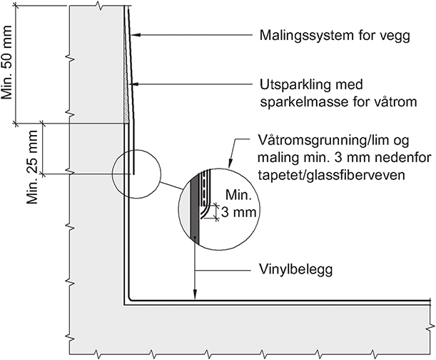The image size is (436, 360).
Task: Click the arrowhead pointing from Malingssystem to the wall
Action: tap(136, 34)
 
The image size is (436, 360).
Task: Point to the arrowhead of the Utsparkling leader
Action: tap(133, 85)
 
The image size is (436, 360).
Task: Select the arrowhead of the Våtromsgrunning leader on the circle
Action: tap(230, 165)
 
